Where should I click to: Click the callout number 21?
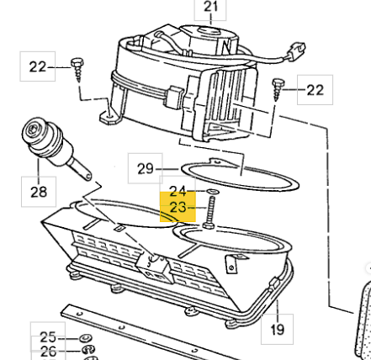click(210, 7)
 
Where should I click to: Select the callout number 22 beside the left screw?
click(37, 67)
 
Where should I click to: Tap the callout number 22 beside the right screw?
click(315, 90)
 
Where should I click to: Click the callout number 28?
click(39, 192)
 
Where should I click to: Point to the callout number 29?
click(146, 169)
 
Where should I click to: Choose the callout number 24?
click(178, 192)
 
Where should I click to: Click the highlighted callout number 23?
click(178, 208)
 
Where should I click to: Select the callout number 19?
click(277, 330)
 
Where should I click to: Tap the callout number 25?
click(48, 337)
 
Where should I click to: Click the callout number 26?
click(48, 351)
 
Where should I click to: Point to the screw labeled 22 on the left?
click(77, 70)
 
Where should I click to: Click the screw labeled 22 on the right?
click(278, 90)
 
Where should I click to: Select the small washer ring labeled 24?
click(213, 192)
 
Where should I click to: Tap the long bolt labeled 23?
click(209, 212)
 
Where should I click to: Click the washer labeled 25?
click(84, 338)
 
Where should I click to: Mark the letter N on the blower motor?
click(226, 46)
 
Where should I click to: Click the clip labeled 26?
click(88, 350)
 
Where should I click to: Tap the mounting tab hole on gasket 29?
click(216, 161)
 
